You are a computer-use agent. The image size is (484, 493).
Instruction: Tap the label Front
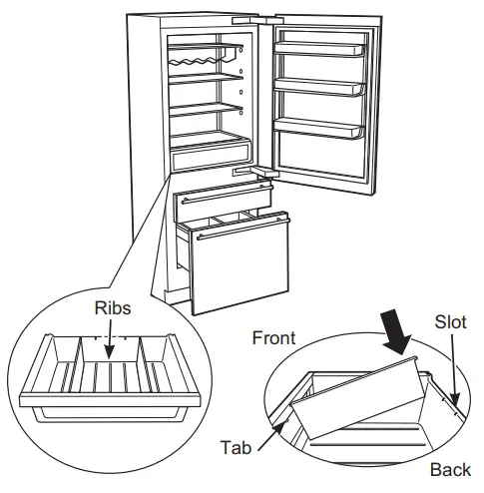(272, 339)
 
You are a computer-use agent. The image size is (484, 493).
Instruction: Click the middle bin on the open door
(316, 88)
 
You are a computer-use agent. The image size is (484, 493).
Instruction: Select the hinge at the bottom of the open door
(257, 172)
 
